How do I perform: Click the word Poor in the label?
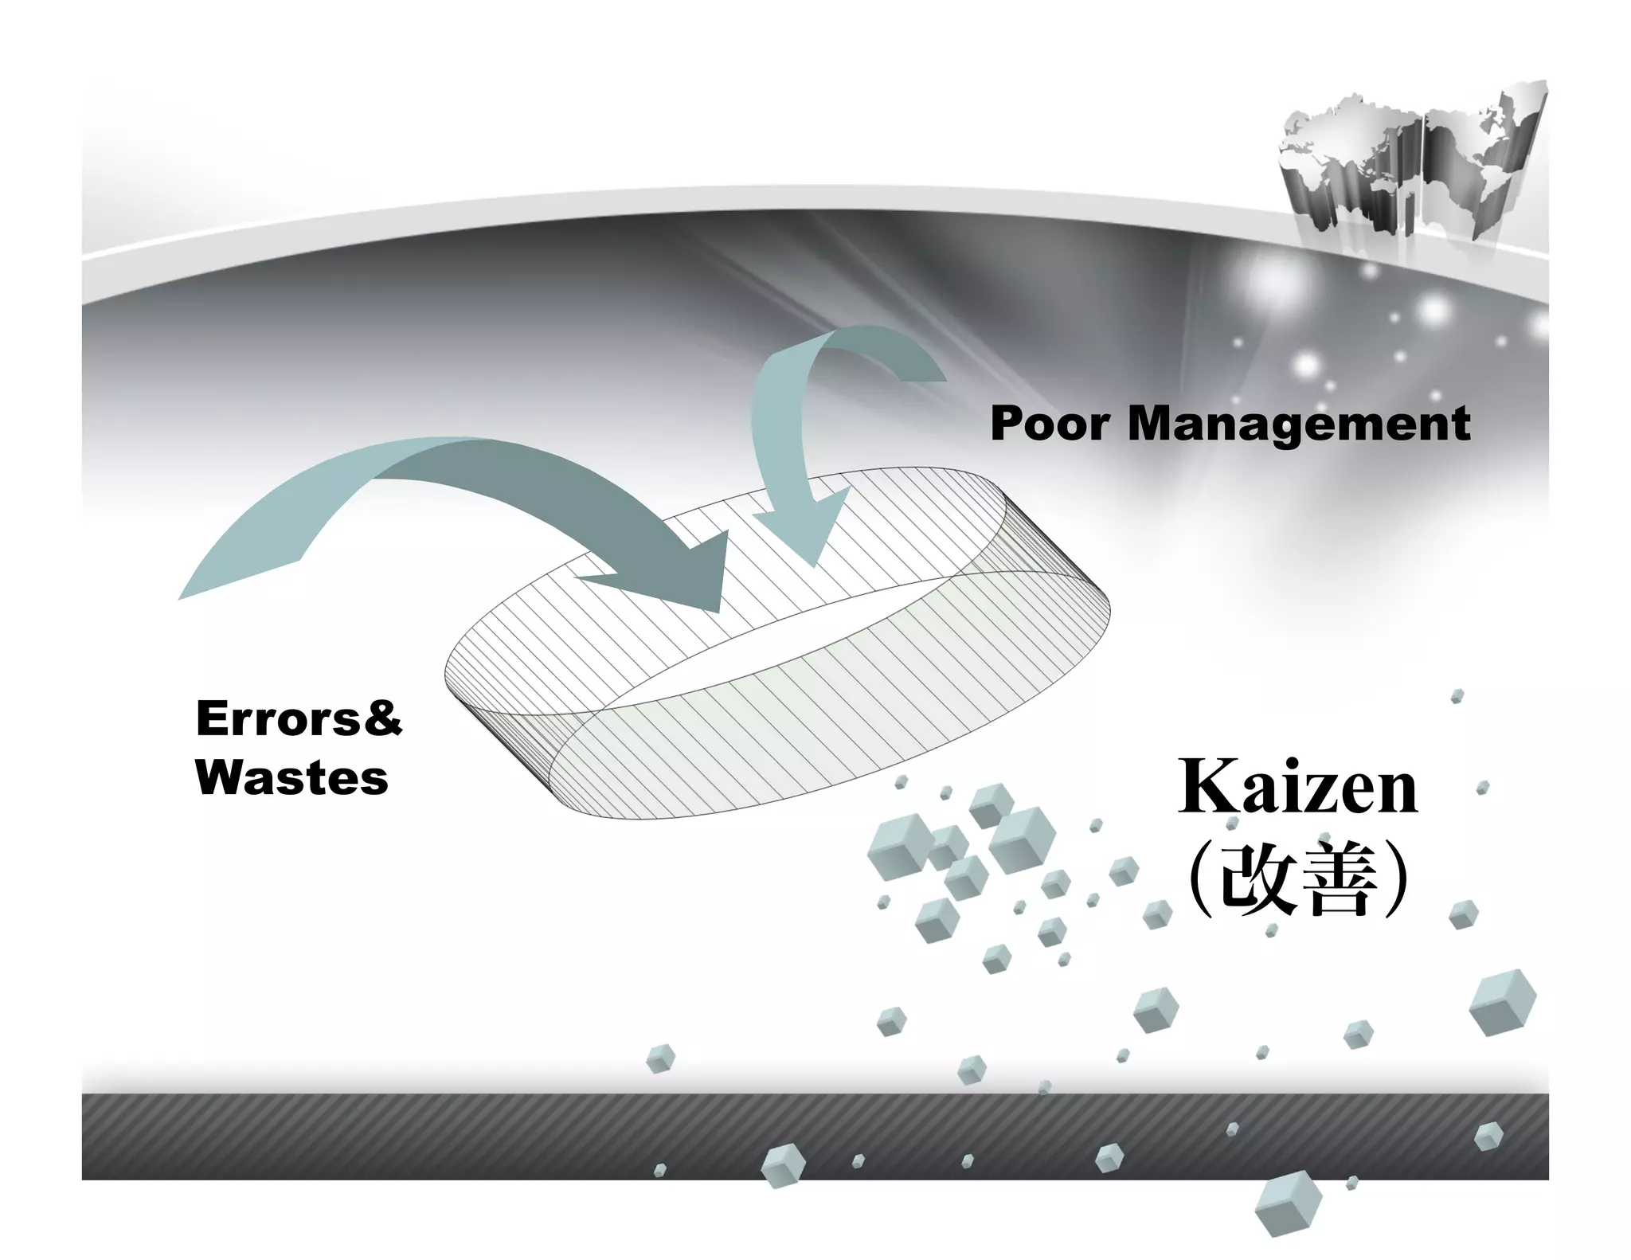(1050, 423)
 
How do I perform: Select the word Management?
(1298, 425)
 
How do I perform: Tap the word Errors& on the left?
(299, 718)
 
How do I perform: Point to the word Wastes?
(291, 777)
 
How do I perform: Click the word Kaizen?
(1297, 787)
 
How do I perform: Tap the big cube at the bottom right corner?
(1287, 1203)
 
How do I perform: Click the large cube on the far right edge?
(1502, 1002)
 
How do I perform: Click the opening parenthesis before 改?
(1199, 878)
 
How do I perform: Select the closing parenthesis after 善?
(1395, 878)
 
